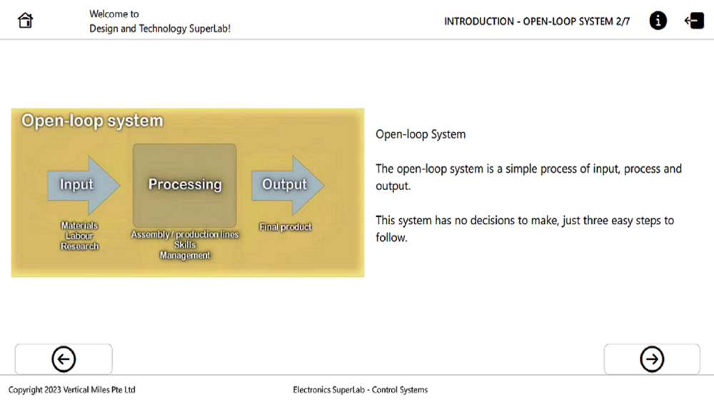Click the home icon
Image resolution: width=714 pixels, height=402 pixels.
25,21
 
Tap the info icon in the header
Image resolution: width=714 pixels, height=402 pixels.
658,21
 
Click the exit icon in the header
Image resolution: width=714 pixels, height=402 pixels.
694,21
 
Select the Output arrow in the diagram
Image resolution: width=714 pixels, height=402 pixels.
288,186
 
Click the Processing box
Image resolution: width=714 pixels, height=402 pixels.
184,186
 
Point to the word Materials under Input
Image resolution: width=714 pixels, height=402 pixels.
80,226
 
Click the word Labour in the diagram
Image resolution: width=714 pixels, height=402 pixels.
79,236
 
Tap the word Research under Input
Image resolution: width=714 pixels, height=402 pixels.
80,246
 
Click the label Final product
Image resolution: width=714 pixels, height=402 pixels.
286,227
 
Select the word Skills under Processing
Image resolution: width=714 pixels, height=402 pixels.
185,245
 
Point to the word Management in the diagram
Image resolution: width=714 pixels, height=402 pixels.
185,256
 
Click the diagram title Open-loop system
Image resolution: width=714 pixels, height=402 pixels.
92,121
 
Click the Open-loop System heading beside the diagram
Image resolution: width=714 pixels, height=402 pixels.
421,134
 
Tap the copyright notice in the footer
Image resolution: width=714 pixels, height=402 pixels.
72,390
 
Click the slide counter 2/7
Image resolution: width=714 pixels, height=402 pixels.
623,21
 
